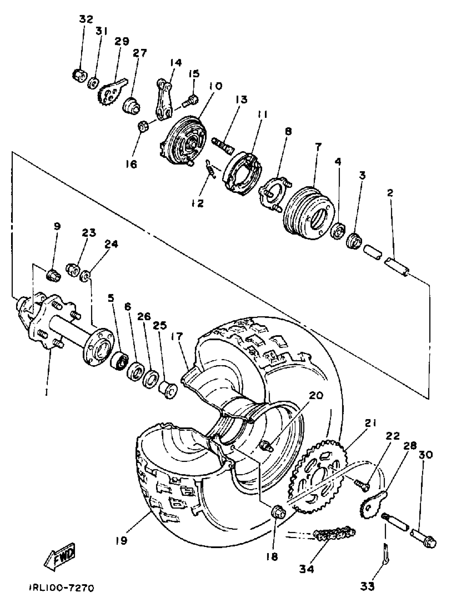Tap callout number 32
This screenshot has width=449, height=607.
click(x=86, y=19)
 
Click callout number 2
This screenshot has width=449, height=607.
click(x=390, y=193)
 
